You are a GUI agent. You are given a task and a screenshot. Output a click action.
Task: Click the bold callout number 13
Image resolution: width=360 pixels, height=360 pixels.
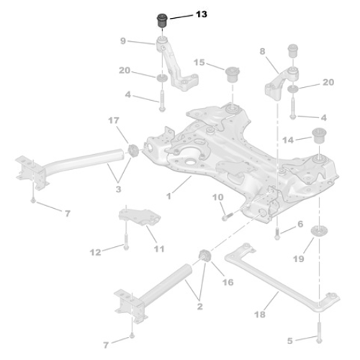click(201, 14)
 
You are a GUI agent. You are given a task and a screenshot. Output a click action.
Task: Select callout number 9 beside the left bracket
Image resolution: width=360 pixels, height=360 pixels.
click(123, 41)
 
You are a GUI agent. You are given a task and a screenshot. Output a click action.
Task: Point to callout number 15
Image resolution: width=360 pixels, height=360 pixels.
click(199, 63)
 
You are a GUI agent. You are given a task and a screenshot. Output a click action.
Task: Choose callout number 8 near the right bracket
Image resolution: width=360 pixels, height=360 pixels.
click(262, 52)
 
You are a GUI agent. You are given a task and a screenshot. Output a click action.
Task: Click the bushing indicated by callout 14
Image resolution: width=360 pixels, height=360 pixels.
click(318, 135)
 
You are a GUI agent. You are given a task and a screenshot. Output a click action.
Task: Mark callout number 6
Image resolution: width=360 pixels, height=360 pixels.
click(300, 225)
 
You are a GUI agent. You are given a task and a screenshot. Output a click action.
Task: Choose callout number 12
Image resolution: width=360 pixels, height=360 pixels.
click(95, 252)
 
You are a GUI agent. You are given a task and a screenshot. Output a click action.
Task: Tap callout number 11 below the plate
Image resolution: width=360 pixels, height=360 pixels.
click(158, 248)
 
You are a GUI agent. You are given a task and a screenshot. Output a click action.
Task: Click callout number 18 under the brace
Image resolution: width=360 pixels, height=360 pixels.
click(259, 315)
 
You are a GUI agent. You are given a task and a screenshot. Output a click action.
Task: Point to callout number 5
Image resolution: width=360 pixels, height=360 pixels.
click(290, 340)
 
